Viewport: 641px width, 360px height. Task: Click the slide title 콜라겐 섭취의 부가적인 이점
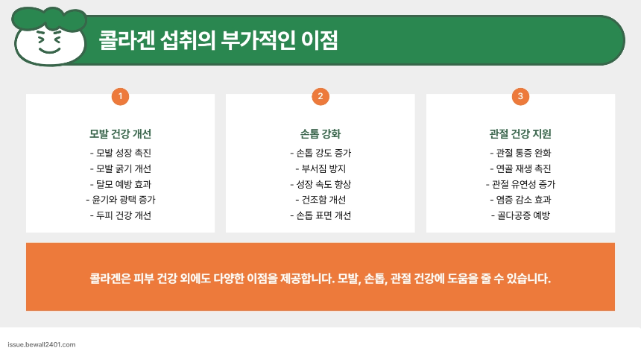(218, 40)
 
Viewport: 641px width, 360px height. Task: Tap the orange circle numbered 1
(120, 96)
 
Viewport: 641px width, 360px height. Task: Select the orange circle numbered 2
(320, 96)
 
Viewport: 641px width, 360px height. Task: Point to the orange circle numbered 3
(520, 96)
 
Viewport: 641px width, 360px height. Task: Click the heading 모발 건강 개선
(120, 134)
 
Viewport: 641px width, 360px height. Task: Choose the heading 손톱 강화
(320, 134)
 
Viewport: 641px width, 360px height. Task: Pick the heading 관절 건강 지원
(520, 134)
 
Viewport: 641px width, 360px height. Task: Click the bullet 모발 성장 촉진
(120, 153)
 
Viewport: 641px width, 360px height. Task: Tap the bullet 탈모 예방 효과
(120, 184)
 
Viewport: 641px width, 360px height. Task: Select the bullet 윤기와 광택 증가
(120, 200)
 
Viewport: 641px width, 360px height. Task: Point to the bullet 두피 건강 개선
(120, 215)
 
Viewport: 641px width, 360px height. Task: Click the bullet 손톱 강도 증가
(320, 153)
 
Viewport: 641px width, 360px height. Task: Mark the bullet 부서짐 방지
(320, 168)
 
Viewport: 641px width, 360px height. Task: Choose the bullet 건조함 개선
(320, 200)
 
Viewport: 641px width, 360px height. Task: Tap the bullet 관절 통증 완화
(520, 153)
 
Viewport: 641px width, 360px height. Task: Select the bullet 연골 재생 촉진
(520, 168)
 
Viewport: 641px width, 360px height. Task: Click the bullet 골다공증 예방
(520, 215)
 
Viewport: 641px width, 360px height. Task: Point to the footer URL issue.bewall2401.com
(41, 345)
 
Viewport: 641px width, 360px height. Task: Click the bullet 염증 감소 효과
(520, 200)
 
